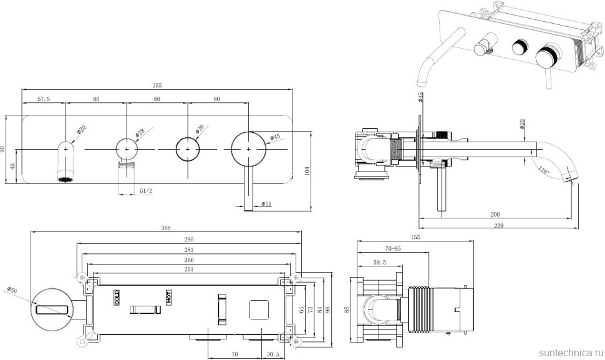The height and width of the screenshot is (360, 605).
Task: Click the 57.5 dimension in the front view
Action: [x=44, y=99]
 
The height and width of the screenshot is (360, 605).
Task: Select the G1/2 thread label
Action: [x=146, y=191]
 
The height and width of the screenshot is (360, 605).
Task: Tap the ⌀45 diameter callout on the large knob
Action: [x=275, y=137]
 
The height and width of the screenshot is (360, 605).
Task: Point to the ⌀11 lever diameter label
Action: [x=265, y=203]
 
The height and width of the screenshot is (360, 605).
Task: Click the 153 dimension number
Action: [x=415, y=237]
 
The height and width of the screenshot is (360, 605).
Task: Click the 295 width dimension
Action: [x=189, y=239]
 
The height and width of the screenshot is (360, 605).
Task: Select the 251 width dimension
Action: [x=189, y=270]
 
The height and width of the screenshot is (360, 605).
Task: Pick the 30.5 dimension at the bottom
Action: [x=273, y=353]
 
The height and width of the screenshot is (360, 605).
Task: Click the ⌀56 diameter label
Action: [x=12, y=291]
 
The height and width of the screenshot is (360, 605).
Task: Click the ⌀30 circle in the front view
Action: [x=188, y=150]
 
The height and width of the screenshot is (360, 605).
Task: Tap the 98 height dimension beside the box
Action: [x=327, y=310]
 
